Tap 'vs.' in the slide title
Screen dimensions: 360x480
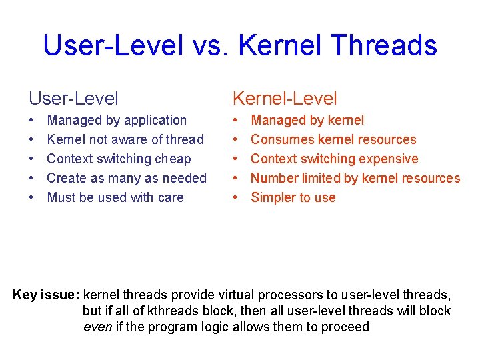click(210, 45)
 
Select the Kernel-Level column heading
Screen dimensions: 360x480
click(285, 99)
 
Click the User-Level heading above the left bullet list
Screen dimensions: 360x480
click(73, 99)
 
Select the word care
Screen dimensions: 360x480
click(169, 198)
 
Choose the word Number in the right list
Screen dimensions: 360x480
click(273, 179)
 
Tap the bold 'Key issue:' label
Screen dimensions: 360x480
click(46, 295)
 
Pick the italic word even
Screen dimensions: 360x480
click(97, 327)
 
